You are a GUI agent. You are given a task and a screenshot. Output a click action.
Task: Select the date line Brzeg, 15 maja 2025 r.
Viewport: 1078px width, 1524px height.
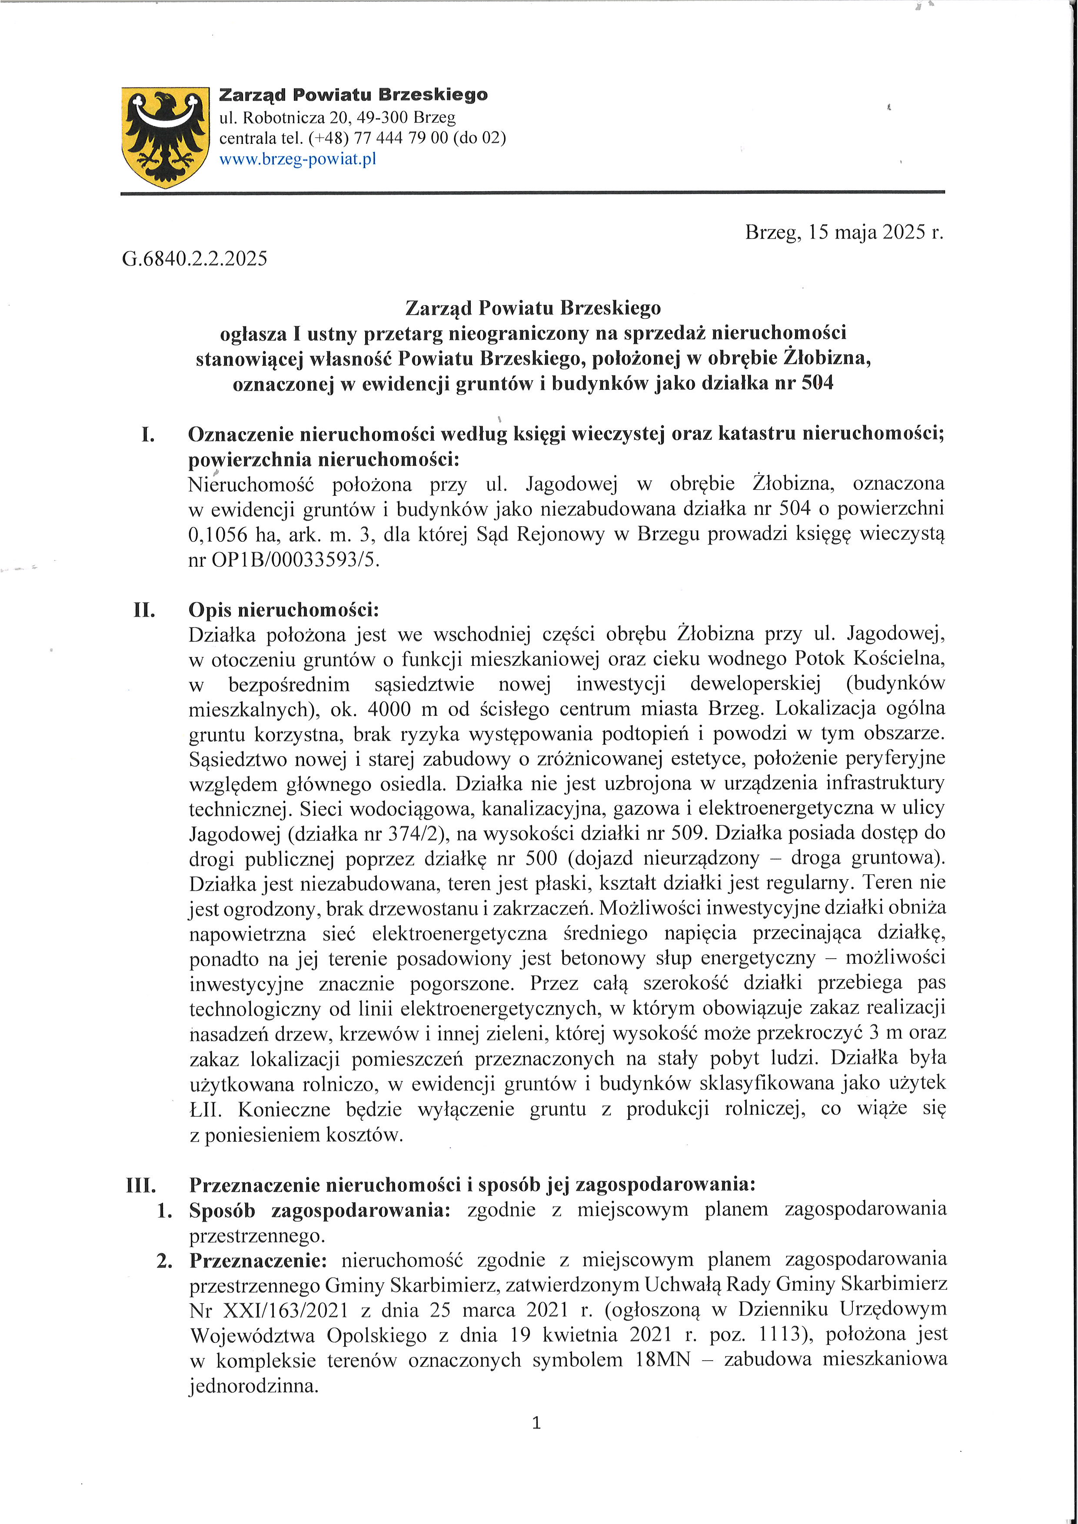coord(844,232)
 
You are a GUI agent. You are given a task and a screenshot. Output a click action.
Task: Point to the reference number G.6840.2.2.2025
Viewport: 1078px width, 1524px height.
coord(194,258)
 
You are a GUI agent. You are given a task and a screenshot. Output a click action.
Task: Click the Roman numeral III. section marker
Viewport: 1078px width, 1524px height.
coord(141,1185)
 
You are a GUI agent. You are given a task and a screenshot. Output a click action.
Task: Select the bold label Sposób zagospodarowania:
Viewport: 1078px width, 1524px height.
coord(319,1210)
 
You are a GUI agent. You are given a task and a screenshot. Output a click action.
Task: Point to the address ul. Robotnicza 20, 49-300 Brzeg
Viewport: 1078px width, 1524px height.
coord(337,117)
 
